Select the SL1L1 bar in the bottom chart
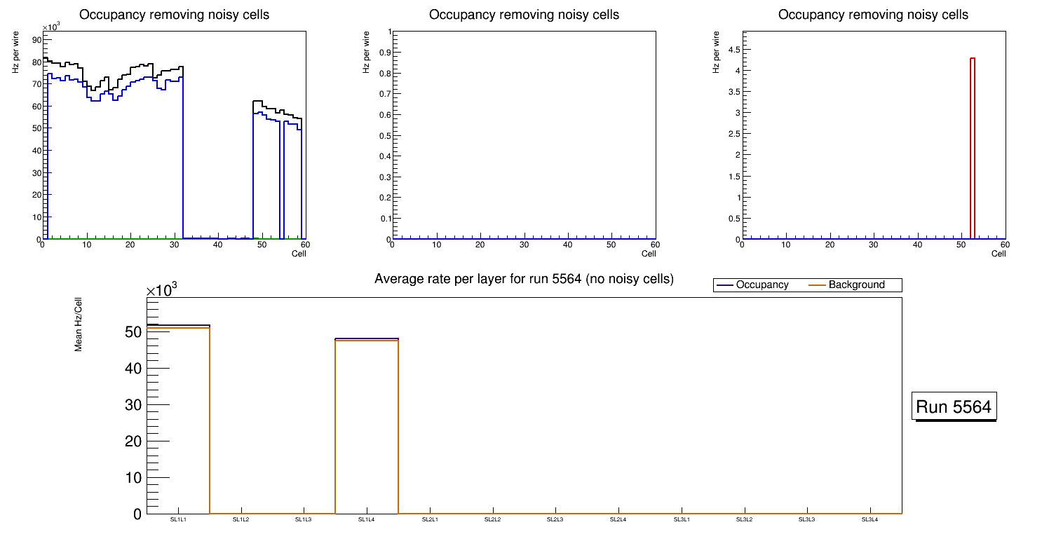(x=178, y=420)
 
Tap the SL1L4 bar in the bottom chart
(x=367, y=427)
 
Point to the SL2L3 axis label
(x=555, y=519)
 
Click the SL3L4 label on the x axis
(x=870, y=519)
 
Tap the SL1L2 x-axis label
(x=241, y=519)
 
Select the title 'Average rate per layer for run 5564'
(x=524, y=279)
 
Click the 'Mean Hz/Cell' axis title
(x=79, y=329)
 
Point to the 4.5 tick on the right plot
(x=729, y=49)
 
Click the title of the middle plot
(x=524, y=15)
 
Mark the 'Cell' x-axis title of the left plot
(x=299, y=254)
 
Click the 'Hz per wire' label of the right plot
(x=717, y=51)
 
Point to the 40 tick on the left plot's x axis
(x=217, y=245)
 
